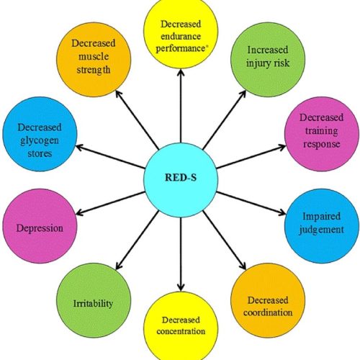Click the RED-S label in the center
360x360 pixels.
point(181,178)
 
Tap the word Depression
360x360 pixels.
point(40,228)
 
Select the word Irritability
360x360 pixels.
point(93,304)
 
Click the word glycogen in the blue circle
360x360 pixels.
point(40,141)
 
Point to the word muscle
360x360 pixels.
point(94,57)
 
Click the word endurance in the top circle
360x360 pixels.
point(181,37)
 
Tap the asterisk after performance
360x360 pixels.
point(207,46)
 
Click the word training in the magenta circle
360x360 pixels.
point(322,131)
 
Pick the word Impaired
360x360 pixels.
point(321,217)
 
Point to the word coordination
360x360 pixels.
point(268,312)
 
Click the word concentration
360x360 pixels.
point(181,331)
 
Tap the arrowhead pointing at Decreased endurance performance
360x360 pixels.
point(181,73)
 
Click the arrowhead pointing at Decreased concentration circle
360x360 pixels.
point(181,287)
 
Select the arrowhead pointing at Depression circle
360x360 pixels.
point(79,212)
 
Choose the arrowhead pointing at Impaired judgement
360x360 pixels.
point(282,212)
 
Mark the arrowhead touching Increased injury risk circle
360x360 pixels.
point(243,94)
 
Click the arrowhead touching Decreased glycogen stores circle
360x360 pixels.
point(79,147)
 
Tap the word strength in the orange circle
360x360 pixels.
point(94,70)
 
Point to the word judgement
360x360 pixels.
point(321,230)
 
